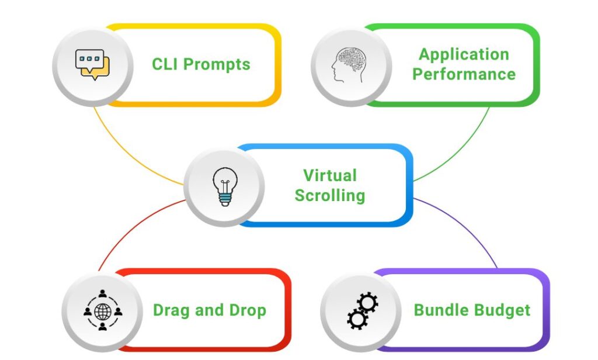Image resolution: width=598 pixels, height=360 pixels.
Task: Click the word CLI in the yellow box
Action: tap(166, 64)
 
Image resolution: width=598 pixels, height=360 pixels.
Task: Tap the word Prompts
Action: tap(217, 64)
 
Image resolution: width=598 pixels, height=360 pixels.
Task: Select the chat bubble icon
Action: tap(92, 65)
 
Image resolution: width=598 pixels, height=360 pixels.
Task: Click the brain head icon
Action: tap(350, 64)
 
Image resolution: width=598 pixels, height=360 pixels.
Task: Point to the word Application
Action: tap(464, 54)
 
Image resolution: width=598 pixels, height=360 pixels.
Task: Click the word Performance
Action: tap(464, 75)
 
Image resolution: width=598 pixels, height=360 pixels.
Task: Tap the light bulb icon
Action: tap(224, 186)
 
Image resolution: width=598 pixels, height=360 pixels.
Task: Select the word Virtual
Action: tap(329, 175)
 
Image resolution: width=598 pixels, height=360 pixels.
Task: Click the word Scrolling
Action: tap(329, 196)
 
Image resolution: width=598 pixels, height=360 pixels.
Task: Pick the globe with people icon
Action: tap(102, 311)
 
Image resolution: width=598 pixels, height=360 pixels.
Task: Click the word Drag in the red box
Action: tap(172, 310)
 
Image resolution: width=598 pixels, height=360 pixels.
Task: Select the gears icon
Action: tap(362, 311)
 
